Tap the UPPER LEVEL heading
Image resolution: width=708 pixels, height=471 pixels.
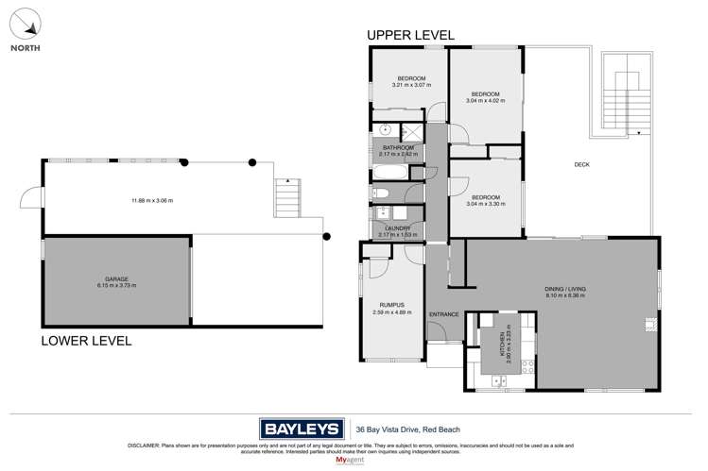click(410, 35)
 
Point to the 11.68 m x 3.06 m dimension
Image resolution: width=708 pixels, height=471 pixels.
click(151, 200)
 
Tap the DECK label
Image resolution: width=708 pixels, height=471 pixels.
click(581, 165)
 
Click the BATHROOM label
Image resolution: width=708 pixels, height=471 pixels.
click(396, 148)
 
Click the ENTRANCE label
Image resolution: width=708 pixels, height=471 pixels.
click(443, 314)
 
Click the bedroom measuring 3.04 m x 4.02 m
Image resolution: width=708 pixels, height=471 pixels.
click(485, 98)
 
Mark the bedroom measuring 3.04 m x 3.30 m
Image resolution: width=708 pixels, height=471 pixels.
click(485, 199)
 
